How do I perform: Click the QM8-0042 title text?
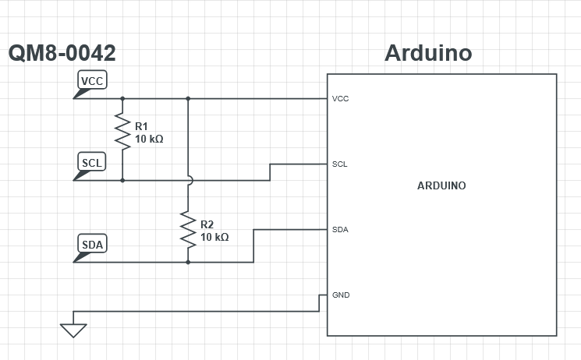(62, 54)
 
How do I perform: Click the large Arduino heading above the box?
(428, 54)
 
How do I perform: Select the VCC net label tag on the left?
(92, 80)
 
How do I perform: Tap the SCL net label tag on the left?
(92, 162)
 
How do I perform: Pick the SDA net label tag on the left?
(92, 245)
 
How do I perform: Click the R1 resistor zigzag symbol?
(122, 132)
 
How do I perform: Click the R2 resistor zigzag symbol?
(188, 228)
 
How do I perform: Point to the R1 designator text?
(141, 125)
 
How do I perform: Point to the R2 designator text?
(207, 223)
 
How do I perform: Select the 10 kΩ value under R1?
(149, 139)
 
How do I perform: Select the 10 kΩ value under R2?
(214, 236)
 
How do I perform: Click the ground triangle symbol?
(73, 330)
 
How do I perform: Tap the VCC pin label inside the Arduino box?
(340, 99)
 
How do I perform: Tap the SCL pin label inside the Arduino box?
(340, 164)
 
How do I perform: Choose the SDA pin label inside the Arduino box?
(340, 230)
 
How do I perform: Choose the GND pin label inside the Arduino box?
(341, 295)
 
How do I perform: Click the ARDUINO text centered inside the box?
(441, 185)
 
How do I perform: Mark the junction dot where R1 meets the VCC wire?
(122, 99)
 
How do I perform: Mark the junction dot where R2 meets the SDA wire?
(188, 262)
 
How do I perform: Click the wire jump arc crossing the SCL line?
(188, 180)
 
